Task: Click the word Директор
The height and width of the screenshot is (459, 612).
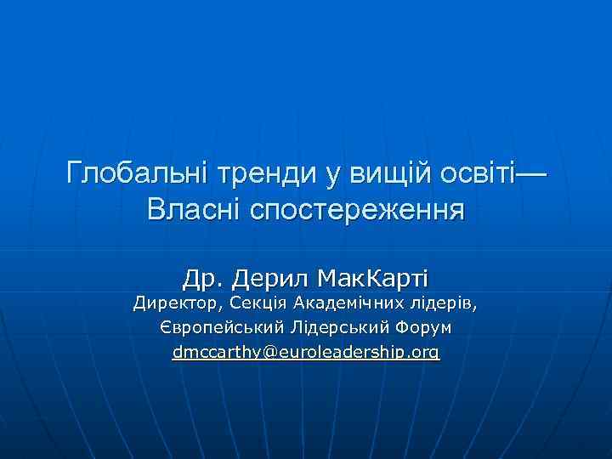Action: click(176, 303)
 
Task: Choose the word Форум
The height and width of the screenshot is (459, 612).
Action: click(425, 327)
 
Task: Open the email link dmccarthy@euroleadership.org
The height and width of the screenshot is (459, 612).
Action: click(306, 352)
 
